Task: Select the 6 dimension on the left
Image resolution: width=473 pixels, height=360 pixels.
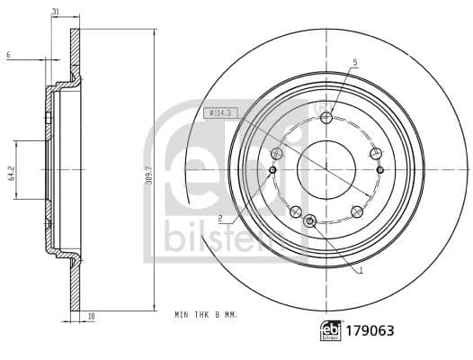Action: (x=7, y=55)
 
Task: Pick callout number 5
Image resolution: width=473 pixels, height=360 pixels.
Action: (x=354, y=62)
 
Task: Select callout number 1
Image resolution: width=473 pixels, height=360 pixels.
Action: (x=360, y=269)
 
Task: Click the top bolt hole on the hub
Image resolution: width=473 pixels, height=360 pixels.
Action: (x=326, y=117)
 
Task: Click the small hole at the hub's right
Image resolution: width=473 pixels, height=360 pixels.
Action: (x=380, y=169)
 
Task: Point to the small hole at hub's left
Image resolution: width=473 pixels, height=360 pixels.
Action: (x=272, y=169)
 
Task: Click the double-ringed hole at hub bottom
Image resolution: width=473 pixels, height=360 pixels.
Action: (x=310, y=220)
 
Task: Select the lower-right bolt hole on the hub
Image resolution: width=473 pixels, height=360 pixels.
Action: (x=357, y=211)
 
